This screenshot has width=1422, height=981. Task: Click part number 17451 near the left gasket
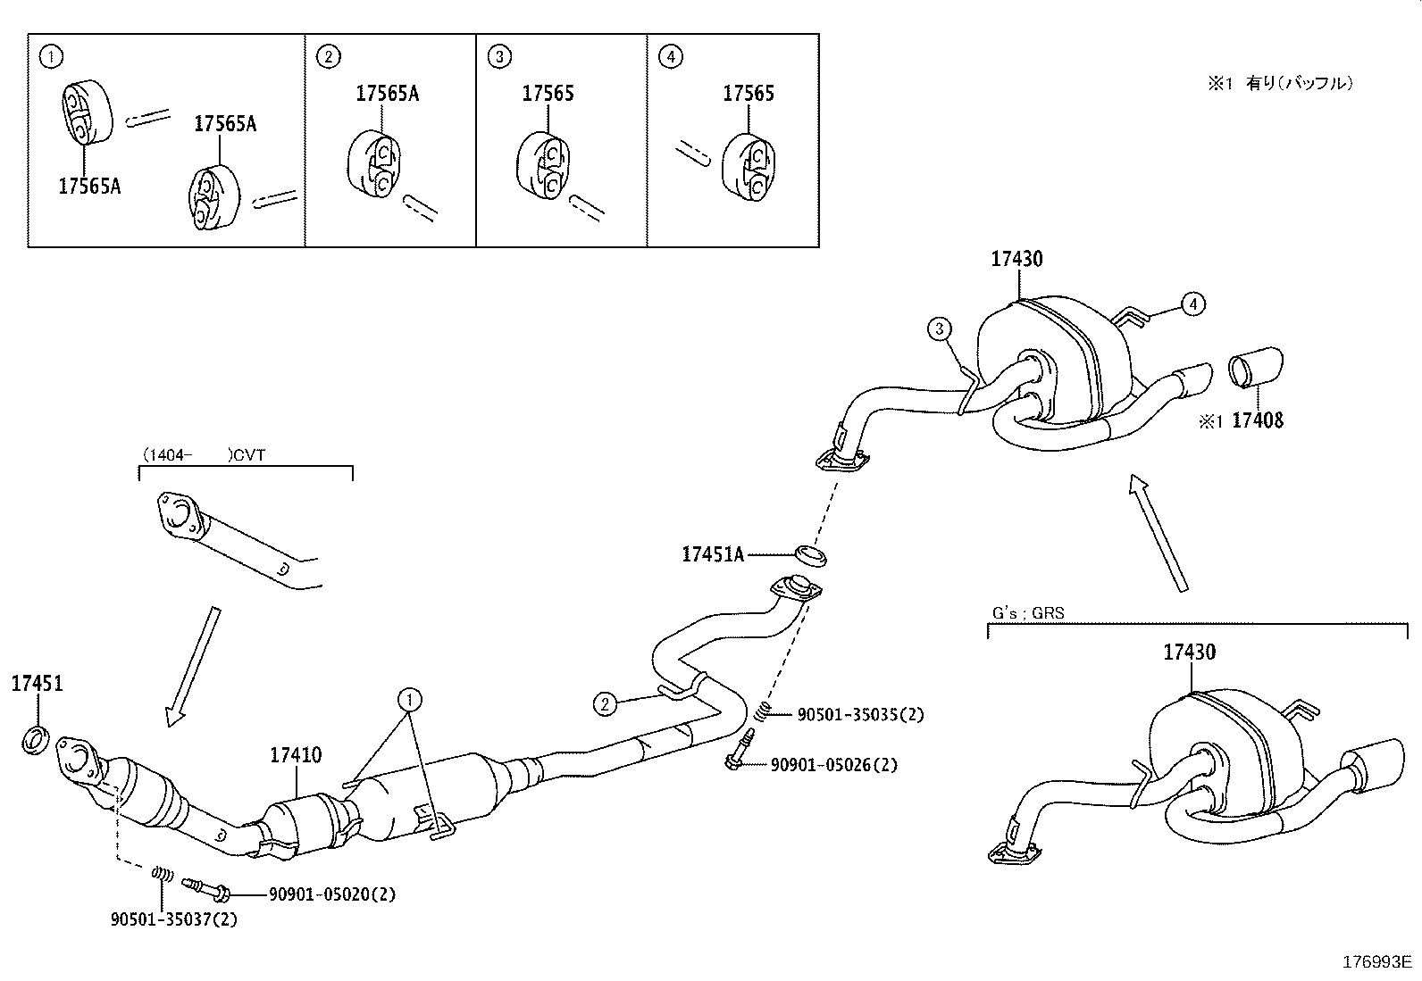pyautogui.click(x=37, y=684)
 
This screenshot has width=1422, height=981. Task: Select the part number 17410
pyautogui.click(x=296, y=756)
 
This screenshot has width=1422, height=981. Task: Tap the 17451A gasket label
pyautogui.click(x=712, y=554)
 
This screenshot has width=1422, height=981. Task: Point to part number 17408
pyautogui.click(x=1257, y=420)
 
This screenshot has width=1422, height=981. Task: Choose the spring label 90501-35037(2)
pyautogui.click(x=174, y=919)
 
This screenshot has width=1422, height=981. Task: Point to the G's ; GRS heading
pyautogui.click(x=1028, y=613)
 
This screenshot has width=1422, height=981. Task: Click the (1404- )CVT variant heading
pyautogui.click(x=203, y=454)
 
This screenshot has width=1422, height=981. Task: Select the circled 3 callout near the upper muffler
pyautogui.click(x=939, y=330)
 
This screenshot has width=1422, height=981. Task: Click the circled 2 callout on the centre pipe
pyautogui.click(x=605, y=704)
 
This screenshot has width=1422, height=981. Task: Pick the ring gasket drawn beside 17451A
pyautogui.click(x=810, y=554)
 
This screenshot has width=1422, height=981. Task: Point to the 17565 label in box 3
pyautogui.click(x=548, y=94)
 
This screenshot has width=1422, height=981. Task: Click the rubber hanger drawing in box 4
pyautogui.click(x=748, y=169)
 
